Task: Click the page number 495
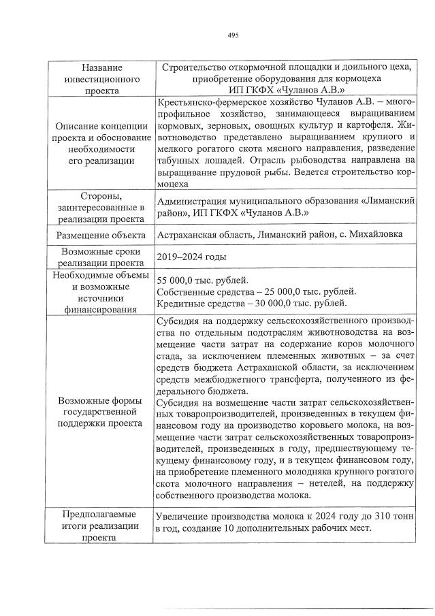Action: pos(233,35)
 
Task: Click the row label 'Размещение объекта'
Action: pos(101,236)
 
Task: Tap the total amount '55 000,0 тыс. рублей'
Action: pos(202,280)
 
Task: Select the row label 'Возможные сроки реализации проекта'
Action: pos(101,257)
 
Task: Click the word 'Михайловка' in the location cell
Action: pos(377,235)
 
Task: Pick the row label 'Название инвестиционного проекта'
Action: pos(101,79)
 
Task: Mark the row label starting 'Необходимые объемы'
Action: pos(101,291)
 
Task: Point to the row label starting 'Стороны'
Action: pos(101,207)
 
